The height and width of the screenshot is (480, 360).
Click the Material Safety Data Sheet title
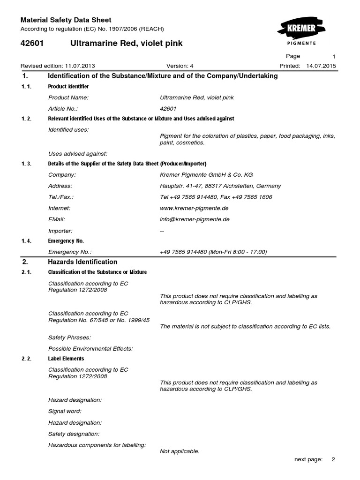[x=66, y=20]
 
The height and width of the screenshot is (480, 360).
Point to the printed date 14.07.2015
[x=321, y=66]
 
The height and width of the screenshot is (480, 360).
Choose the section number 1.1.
[x=26, y=87]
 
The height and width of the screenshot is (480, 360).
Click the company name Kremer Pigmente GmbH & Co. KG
[x=206, y=174]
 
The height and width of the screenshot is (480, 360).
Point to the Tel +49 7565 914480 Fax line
[x=216, y=197]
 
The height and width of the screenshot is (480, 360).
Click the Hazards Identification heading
[x=82, y=262]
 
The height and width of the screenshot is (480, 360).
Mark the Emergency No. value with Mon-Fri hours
[x=213, y=252]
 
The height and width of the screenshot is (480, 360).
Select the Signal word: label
[x=65, y=411]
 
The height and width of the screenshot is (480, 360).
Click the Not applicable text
[x=180, y=451]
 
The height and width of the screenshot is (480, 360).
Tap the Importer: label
[x=60, y=231]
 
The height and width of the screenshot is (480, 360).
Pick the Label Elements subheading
[x=66, y=359]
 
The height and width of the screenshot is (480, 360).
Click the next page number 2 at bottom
[x=333, y=459]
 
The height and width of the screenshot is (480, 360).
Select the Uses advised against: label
[x=78, y=153]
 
